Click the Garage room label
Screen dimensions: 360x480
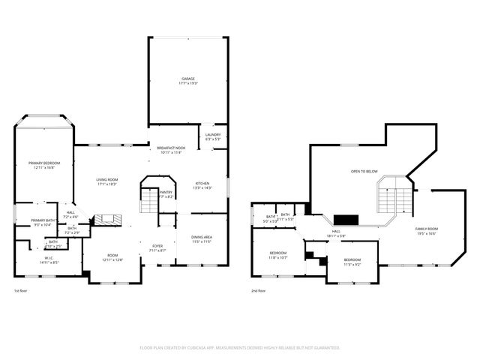click(187, 80)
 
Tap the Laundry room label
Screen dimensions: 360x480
click(213, 136)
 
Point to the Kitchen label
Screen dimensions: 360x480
click(202, 185)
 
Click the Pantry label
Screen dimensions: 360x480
click(166, 193)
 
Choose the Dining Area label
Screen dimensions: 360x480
click(202, 238)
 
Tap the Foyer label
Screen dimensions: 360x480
click(157, 247)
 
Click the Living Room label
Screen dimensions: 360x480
click(106, 181)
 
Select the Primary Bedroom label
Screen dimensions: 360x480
click(44, 165)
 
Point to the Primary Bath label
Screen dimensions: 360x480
click(41, 222)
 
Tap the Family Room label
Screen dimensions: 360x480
click(427, 230)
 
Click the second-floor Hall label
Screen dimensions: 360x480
click(336, 233)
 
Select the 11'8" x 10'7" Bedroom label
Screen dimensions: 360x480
click(278, 255)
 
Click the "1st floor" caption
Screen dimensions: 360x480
click(21, 290)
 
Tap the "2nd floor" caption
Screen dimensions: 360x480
click(258, 290)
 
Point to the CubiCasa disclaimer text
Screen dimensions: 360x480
click(240, 348)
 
